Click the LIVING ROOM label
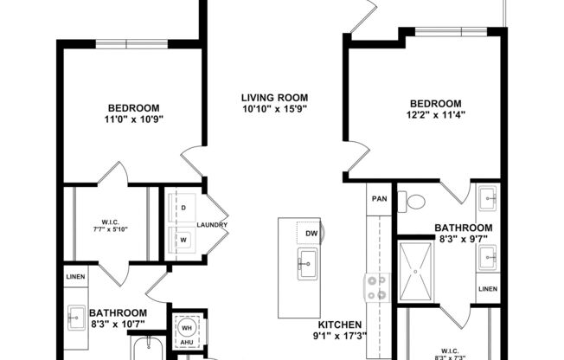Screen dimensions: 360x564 coord(274,97)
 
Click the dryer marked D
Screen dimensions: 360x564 coord(184,209)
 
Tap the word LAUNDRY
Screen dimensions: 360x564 coord(212,225)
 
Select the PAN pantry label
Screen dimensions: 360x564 coord(379,198)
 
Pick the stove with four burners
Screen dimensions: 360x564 coord(378,287)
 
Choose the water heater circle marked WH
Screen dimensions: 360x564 coord(186,328)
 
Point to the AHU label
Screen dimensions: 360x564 coord(186,343)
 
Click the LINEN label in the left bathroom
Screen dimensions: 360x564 coord(74,277)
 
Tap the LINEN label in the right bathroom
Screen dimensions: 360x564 coord(488,288)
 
